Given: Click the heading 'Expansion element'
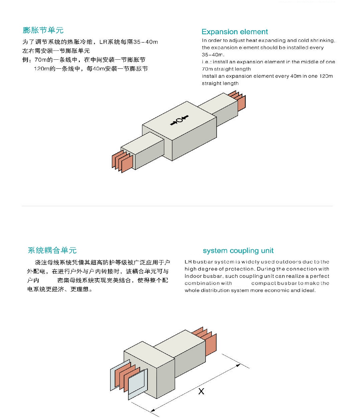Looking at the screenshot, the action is click(235, 32).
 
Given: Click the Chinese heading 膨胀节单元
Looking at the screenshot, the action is click(43, 30).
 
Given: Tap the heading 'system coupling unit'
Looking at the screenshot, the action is click(238, 251).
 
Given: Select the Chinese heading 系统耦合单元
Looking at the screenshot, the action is click(52, 250).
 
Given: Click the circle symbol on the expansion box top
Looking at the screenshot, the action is click(179, 120).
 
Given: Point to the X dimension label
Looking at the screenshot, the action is click(201, 391).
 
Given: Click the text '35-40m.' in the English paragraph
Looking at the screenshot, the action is click(213, 55).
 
